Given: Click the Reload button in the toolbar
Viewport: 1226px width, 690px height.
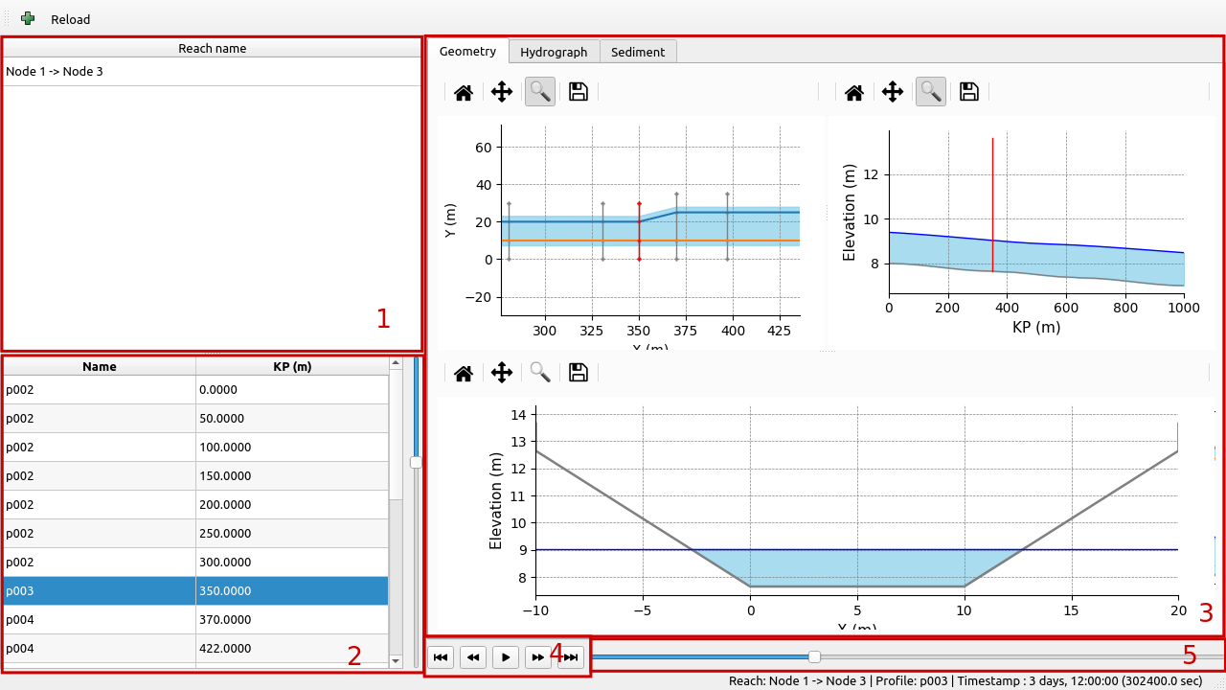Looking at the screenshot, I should click(70, 19).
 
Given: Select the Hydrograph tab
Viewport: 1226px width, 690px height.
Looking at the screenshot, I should click(554, 52).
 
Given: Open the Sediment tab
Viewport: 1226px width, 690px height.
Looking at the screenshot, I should click(637, 52).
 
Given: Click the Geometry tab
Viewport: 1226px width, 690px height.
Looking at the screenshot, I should click(467, 52).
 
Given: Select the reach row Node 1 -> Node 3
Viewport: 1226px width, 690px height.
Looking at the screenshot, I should click(55, 72).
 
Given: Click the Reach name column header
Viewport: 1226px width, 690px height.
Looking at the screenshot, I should click(212, 48).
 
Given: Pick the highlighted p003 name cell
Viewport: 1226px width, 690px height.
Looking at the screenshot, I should click(100, 591).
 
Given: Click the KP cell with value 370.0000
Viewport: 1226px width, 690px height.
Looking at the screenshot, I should click(292, 620).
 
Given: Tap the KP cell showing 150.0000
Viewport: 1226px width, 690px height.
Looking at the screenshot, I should click(292, 476).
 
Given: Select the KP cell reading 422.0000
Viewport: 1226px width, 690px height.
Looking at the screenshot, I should click(292, 649).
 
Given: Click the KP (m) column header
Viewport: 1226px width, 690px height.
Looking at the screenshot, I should click(292, 366).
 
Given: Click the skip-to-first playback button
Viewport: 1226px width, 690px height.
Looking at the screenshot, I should click(441, 657).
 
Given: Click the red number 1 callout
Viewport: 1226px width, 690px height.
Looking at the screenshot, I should click(383, 319).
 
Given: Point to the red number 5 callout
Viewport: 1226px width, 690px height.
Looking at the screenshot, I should click(1189, 655).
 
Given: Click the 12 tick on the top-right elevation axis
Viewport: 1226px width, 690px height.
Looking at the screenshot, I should click(871, 175).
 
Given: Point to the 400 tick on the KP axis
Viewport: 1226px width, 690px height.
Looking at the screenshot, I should click(1007, 309).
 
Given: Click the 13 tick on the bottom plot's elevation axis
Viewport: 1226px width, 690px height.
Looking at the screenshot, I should click(517, 442).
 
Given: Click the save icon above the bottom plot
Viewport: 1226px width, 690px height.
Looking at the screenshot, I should click(578, 373).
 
